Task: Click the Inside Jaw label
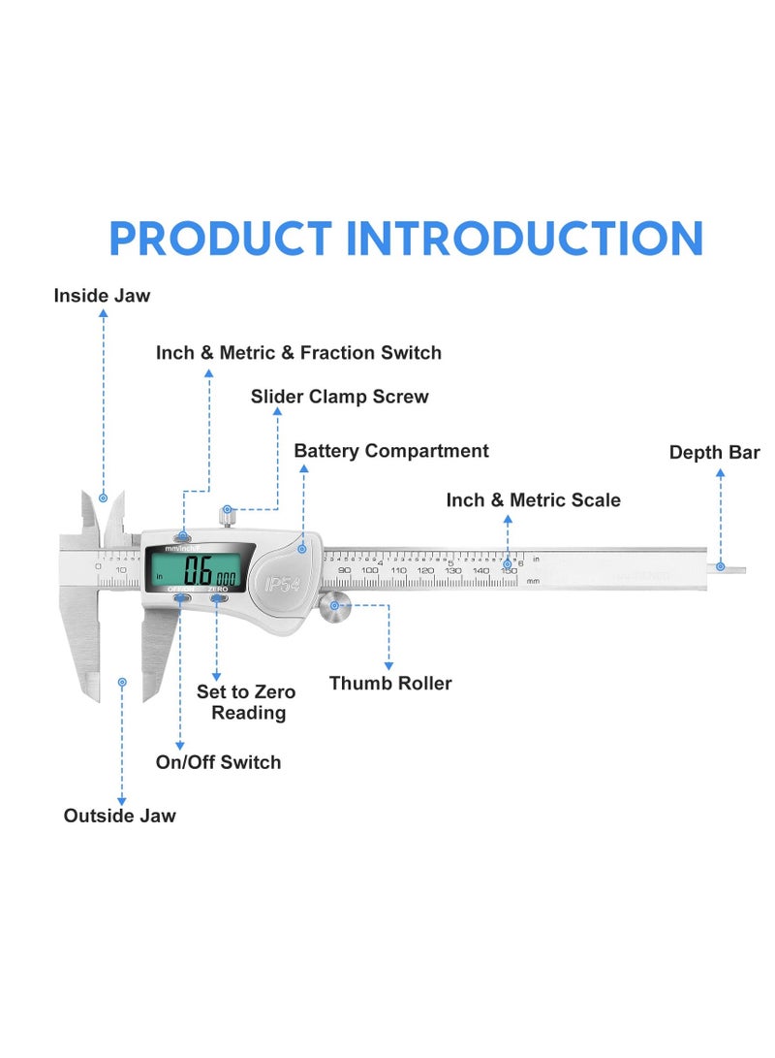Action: click(102, 295)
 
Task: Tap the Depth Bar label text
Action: click(714, 453)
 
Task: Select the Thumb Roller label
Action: click(390, 683)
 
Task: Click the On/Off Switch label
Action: click(218, 762)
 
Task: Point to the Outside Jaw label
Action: click(120, 816)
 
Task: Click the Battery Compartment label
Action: click(391, 451)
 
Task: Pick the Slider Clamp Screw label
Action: click(339, 397)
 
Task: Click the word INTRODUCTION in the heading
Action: click(524, 240)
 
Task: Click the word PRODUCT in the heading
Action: click(219, 240)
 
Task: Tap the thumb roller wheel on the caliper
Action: click(335, 607)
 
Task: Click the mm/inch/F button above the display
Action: click(182, 536)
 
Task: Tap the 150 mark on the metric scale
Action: click(508, 571)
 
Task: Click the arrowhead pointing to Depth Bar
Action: click(720, 473)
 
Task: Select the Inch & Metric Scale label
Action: click(533, 500)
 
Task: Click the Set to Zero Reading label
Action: click(246, 702)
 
